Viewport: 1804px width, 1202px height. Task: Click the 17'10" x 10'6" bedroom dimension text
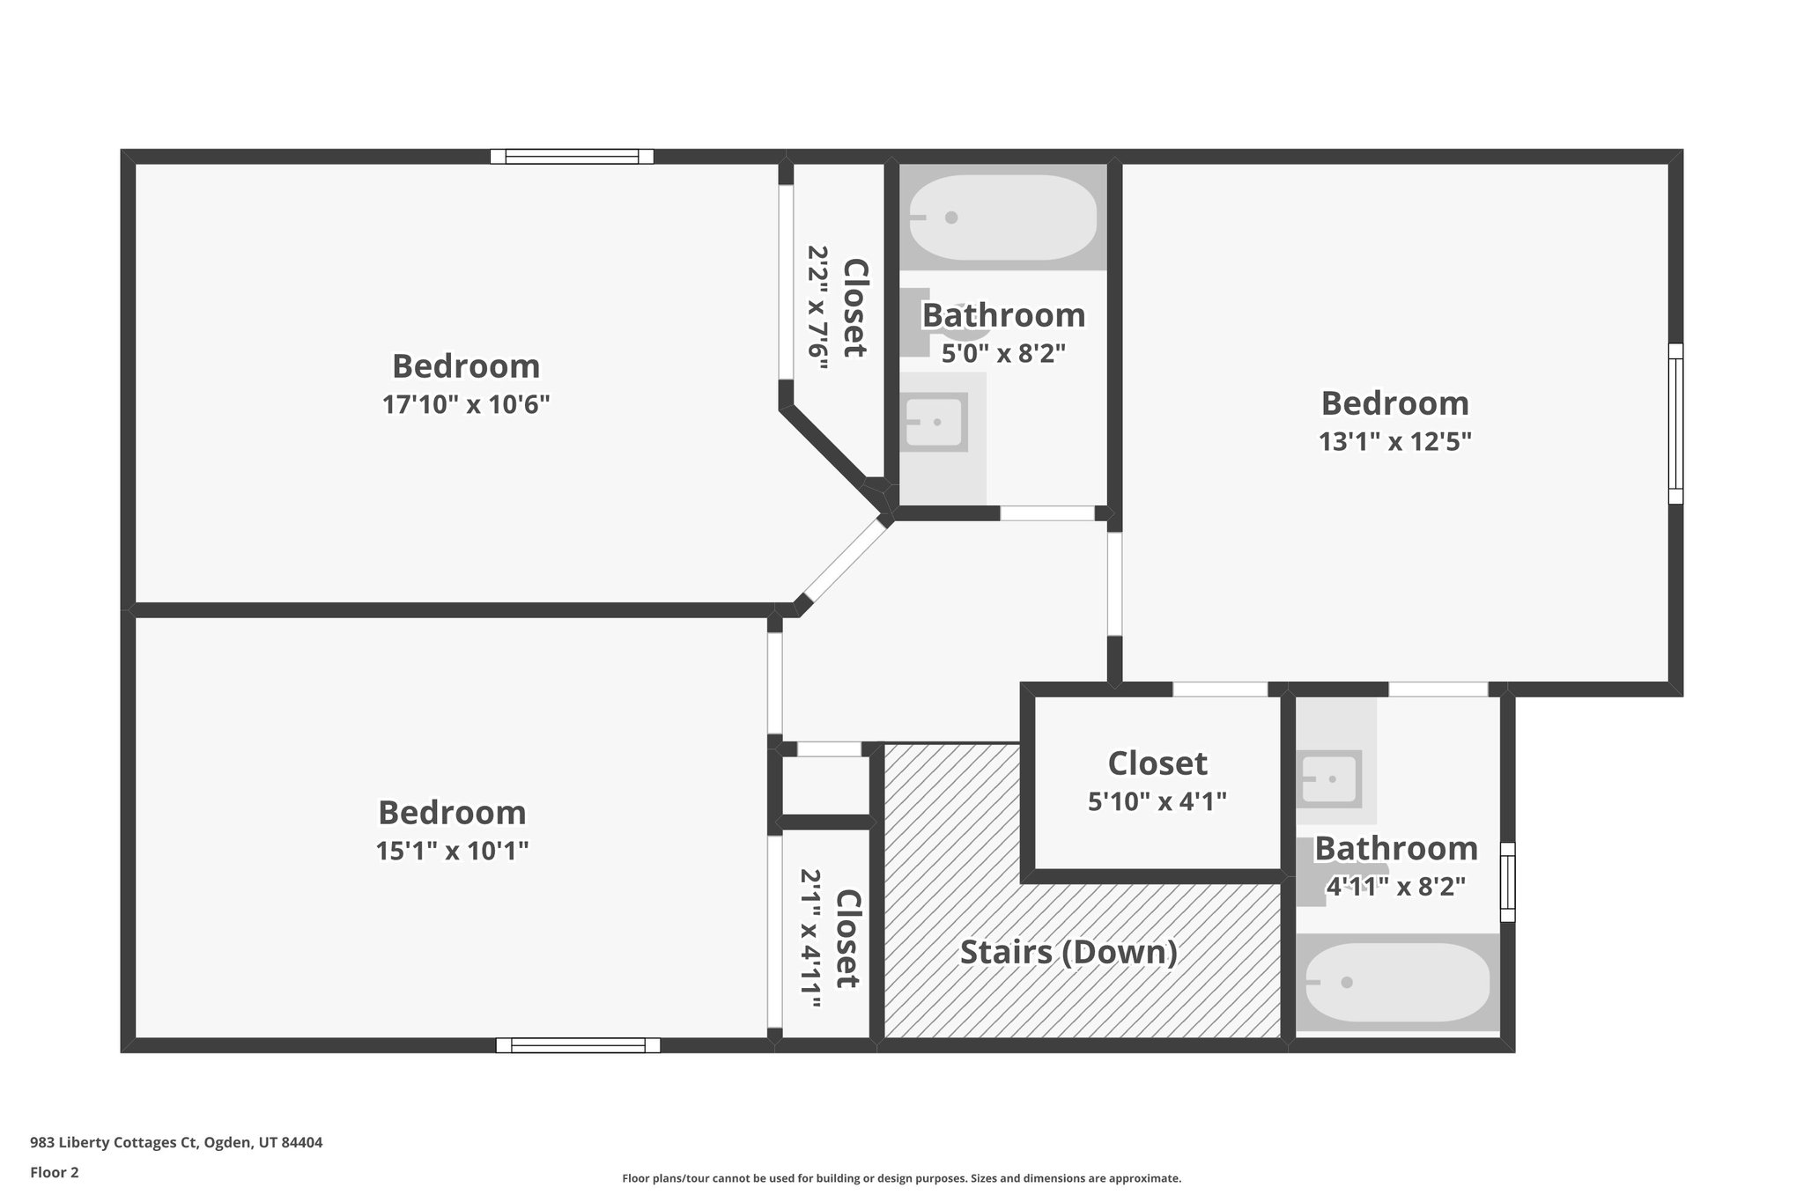466,405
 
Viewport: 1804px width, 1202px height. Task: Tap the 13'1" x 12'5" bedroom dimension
1394,441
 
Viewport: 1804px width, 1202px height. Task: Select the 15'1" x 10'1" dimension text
452,852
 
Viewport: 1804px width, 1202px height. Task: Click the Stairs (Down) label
1068,952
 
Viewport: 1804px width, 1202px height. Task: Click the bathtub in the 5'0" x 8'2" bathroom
1002,218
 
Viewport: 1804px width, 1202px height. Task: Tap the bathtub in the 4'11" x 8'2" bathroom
1397,983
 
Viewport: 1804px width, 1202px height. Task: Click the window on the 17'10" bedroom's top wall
572,157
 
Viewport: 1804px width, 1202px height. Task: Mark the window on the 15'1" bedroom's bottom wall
578,1045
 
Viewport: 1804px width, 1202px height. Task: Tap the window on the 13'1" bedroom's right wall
1675,424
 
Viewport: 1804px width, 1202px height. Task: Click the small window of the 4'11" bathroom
1507,881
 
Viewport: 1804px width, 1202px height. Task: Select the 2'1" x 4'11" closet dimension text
810,932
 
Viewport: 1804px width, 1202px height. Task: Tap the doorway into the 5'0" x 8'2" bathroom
1046,513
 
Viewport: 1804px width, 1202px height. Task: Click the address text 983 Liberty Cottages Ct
176,1143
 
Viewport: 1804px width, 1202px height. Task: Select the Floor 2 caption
55,1172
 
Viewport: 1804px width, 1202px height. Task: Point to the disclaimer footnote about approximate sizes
901,1178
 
